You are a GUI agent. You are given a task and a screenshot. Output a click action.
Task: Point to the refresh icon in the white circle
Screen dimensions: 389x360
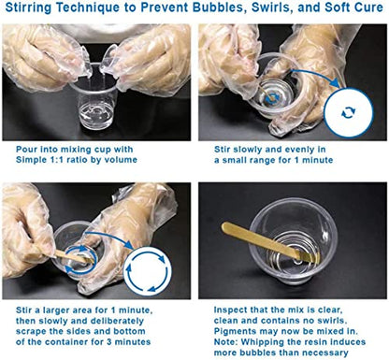click(348, 112)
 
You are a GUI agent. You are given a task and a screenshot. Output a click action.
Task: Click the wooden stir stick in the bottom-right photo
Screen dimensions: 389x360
click(270, 241)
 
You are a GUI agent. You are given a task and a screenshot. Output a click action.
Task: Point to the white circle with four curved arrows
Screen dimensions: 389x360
click(147, 270)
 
